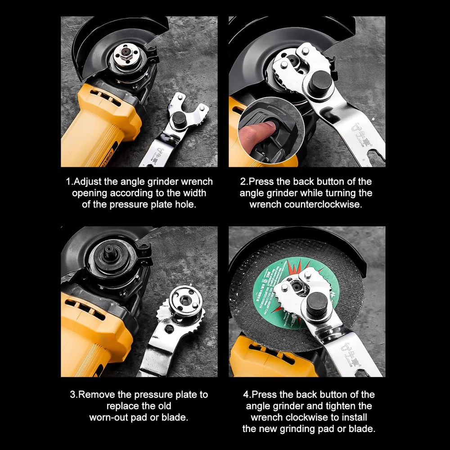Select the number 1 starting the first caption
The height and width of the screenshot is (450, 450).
[x=68, y=182]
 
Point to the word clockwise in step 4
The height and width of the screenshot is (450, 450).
[x=317, y=417]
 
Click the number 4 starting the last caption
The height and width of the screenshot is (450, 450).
[x=246, y=395]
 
